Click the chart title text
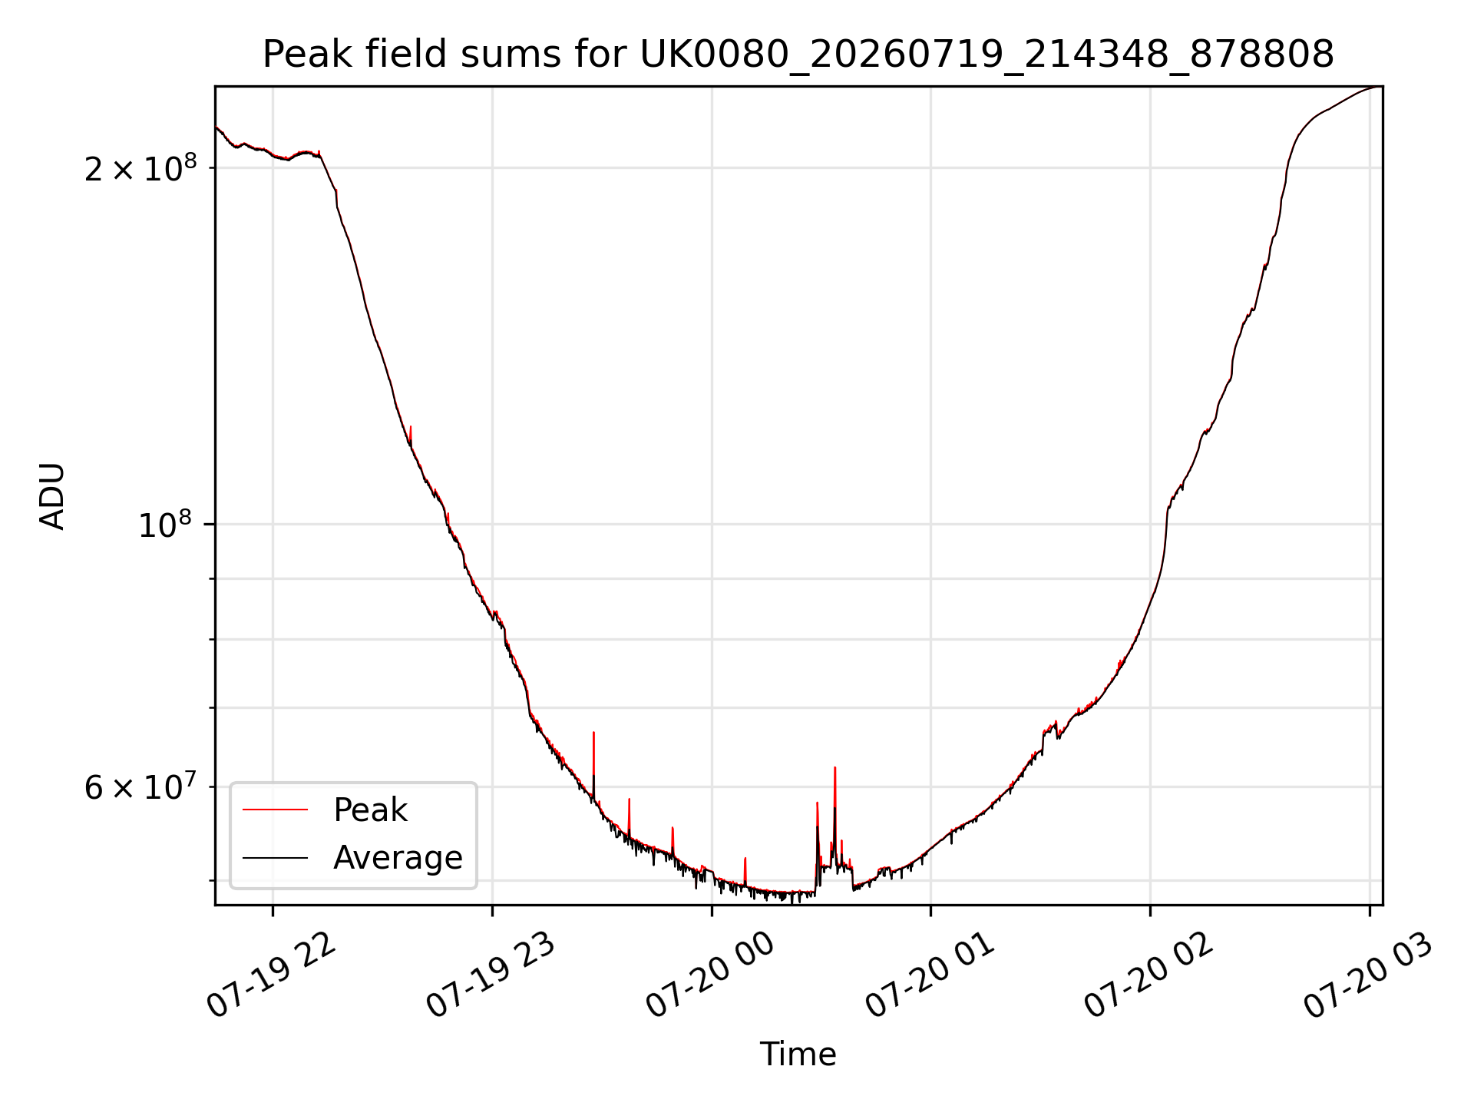coord(798,55)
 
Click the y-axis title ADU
coord(52,496)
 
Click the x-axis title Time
coord(798,1054)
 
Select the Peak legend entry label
coord(370,810)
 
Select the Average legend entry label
coord(398,857)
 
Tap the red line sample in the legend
coord(275,810)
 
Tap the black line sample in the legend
coord(275,857)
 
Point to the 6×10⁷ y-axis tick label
coord(140,786)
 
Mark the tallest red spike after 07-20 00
coord(834,767)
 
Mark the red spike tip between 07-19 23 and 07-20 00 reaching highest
coord(593,733)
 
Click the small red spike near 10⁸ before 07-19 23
coord(448,513)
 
